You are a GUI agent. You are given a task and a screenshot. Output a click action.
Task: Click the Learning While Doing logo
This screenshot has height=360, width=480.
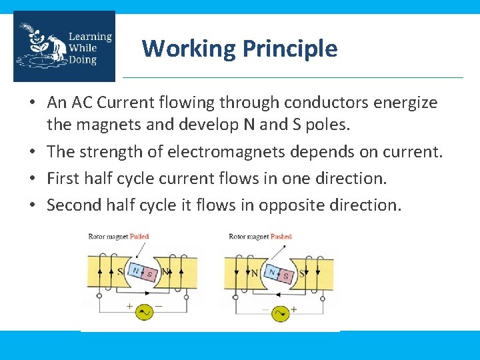click(64, 47)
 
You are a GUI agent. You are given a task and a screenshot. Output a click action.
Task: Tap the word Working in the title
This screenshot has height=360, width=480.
click(189, 48)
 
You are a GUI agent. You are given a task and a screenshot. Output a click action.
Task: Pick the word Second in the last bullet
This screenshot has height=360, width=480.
click(74, 205)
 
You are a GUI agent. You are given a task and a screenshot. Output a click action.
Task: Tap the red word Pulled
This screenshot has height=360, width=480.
click(139, 237)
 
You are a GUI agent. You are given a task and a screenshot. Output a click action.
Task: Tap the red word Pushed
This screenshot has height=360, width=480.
click(281, 237)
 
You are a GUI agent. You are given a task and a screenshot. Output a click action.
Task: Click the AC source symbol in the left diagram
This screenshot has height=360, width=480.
click(145, 311)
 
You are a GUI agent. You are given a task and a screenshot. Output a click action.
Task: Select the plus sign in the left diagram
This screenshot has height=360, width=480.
click(129, 306)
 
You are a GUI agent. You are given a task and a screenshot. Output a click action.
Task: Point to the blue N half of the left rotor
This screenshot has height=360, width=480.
click(136, 270)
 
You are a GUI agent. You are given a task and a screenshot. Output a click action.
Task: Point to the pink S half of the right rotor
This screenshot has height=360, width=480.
click(287, 275)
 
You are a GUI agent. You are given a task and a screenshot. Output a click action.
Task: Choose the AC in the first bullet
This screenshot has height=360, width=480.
click(77, 103)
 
